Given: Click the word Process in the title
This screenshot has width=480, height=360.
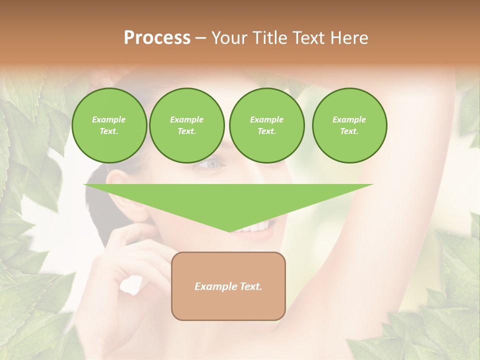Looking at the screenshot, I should click(x=157, y=38).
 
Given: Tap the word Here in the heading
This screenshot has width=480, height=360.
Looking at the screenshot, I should click(x=348, y=38).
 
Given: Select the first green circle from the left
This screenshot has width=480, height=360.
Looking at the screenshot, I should click(x=109, y=125).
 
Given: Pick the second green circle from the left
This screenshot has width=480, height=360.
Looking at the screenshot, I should click(x=186, y=125).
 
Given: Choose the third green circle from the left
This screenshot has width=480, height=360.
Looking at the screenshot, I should click(x=266, y=125).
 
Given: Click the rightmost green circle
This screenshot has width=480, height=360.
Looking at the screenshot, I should click(x=349, y=125).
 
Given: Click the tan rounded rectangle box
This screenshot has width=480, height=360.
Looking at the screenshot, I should click(x=228, y=286).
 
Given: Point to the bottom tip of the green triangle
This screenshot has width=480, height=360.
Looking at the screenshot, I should click(x=229, y=231).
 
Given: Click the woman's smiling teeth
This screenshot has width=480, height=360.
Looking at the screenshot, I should click(x=256, y=228).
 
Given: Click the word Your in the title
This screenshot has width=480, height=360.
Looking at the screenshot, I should click(x=228, y=38).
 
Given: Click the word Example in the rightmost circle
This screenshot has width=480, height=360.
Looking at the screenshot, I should click(x=349, y=119).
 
